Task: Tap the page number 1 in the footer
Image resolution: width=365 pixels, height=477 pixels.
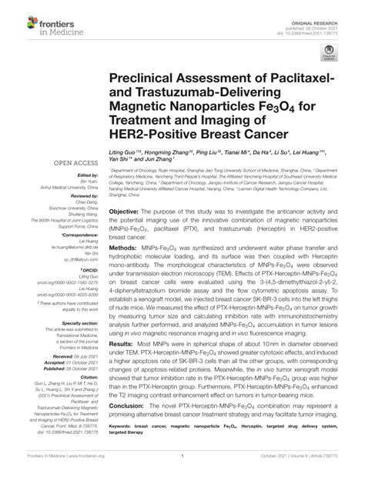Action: click(x=182, y=469)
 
